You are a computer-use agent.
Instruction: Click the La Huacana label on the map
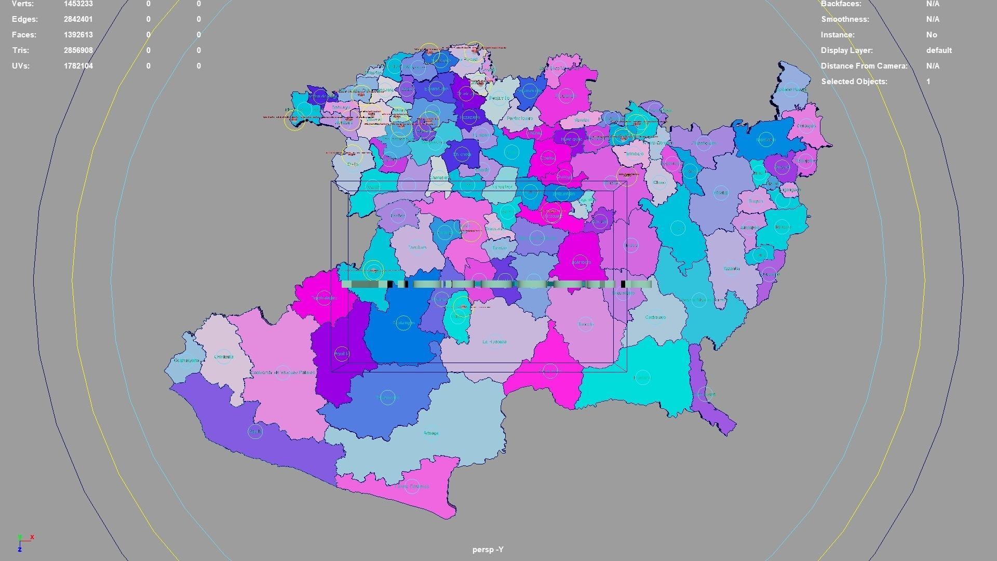pos(494,342)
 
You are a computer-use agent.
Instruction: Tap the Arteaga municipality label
pos(431,433)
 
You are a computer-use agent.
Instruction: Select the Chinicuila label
pos(224,357)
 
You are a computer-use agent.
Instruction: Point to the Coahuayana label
pos(186,360)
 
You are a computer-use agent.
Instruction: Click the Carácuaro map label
pos(655,317)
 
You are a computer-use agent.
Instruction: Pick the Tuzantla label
pos(731,269)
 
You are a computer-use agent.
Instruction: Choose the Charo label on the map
pos(659,183)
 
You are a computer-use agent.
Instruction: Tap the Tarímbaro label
pos(633,154)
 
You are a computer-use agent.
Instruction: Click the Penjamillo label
pos(499,98)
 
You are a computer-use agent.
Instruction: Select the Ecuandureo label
pos(436,89)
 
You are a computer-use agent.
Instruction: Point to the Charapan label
pos(439,178)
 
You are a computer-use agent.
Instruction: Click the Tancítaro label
pos(417,248)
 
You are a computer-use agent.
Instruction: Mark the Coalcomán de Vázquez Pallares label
pos(283,372)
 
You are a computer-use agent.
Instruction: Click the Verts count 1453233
pos(78,4)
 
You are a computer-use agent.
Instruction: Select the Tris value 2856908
pos(78,50)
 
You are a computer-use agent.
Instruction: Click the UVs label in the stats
pos(21,66)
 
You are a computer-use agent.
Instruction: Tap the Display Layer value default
pos(938,50)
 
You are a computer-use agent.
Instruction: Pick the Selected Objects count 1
pos(928,82)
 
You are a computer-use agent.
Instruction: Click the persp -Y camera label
pos(488,550)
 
